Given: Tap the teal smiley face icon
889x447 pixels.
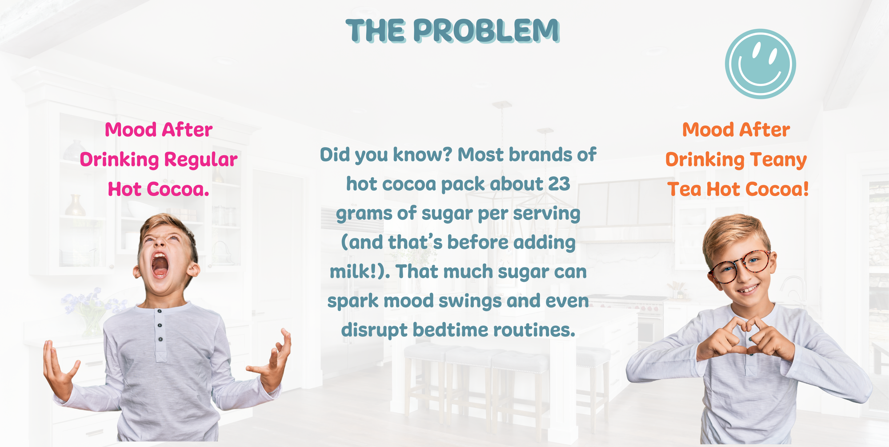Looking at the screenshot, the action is tap(760, 64).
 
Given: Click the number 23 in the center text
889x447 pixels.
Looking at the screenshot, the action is tap(559, 184).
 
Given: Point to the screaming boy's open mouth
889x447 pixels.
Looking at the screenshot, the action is tap(160, 265).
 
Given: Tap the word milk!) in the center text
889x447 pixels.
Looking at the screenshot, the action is tap(360, 271).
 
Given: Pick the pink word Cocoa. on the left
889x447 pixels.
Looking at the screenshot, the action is tap(178, 190).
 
